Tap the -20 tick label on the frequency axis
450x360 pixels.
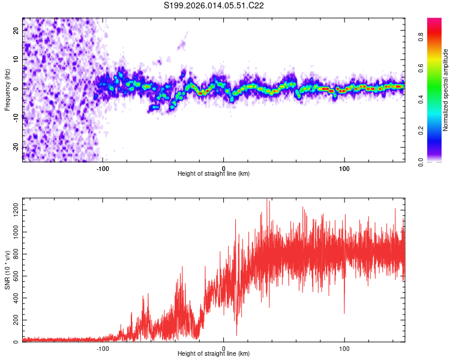(x=16, y=146)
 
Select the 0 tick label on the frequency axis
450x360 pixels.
(x=16, y=88)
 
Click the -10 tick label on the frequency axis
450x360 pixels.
(x=16, y=118)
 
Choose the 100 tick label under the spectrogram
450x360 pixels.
(x=344, y=168)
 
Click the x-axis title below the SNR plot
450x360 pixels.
(x=214, y=355)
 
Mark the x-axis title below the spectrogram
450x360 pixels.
(x=214, y=174)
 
